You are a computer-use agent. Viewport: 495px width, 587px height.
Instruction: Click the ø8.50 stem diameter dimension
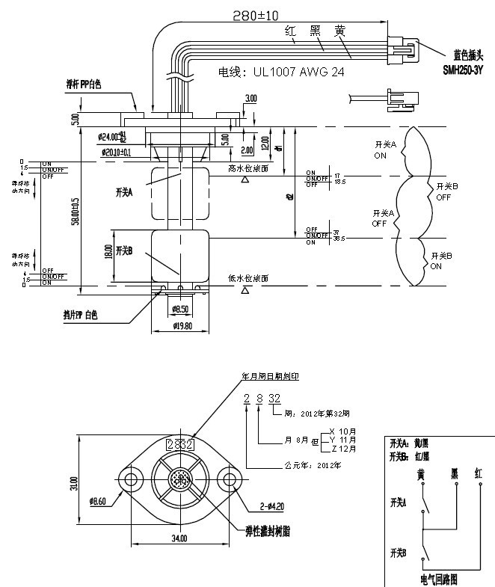pyautogui.click(x=180, y=308)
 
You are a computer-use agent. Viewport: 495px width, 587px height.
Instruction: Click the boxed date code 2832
pyautogui.click(x=179, y=444)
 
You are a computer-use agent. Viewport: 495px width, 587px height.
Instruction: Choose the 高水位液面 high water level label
pyautogui.click(x=252, y=169)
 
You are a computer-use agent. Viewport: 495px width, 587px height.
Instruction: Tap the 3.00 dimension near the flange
pyautogui.click(x=250, y=98)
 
